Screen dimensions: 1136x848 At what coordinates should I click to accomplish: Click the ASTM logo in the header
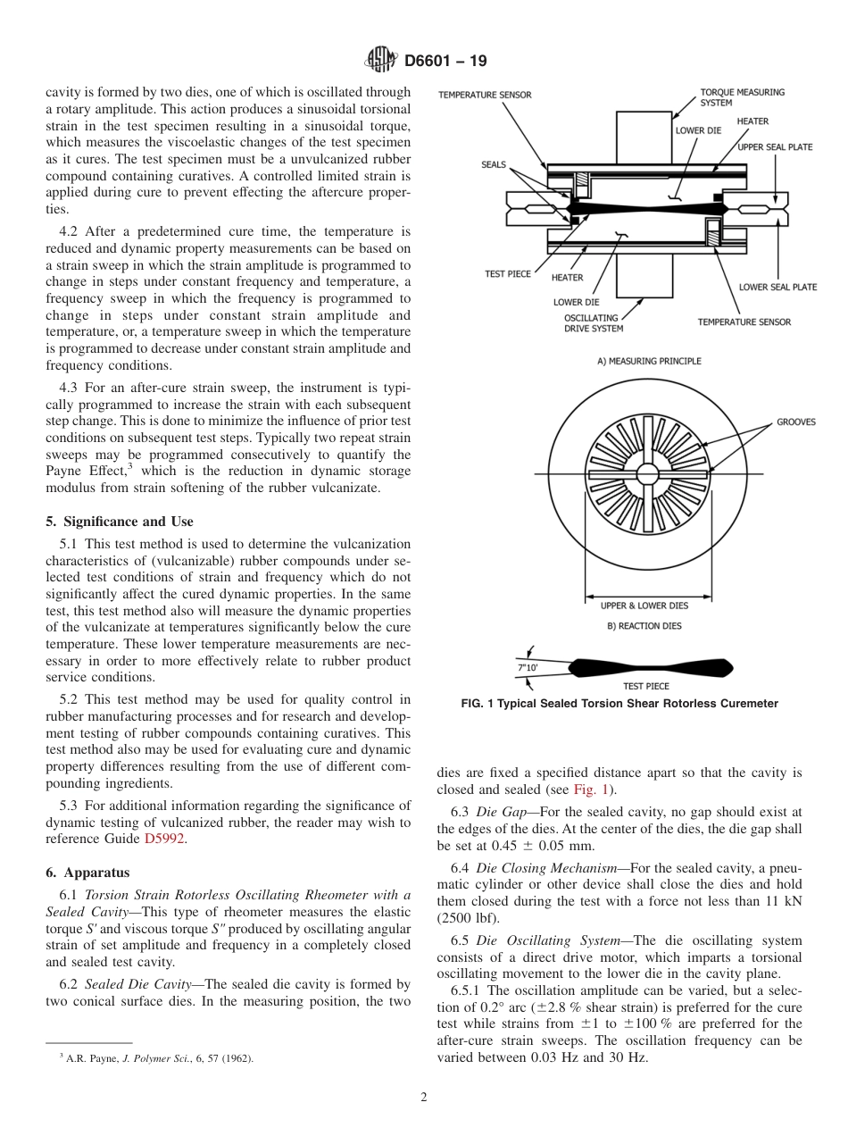tap(381, 61)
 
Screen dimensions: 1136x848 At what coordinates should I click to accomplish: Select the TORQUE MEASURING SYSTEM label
tap(730, 96)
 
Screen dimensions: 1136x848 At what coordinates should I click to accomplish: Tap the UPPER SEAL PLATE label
tap(775, 146)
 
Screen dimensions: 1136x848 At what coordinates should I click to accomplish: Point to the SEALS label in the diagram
tap(494, 164)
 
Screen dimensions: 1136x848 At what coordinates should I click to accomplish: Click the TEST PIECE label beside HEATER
tap(507, 273)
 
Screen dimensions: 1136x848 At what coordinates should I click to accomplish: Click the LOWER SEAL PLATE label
tap(777, 287)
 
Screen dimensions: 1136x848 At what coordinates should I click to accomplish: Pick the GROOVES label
tap(795, 422)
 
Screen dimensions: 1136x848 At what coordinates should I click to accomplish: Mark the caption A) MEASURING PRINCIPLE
tap(649, 361)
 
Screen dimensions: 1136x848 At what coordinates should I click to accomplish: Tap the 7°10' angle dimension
tap(528, 665)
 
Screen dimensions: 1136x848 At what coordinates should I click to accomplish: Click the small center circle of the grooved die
tap(647, 473)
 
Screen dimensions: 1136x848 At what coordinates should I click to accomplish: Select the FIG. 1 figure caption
tap(619, 704)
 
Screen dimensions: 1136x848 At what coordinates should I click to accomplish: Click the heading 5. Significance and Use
tap(119, 522)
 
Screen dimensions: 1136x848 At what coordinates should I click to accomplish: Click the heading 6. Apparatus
tap(87, 872)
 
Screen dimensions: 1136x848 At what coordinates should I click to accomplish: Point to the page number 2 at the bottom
tap(423, 1097)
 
